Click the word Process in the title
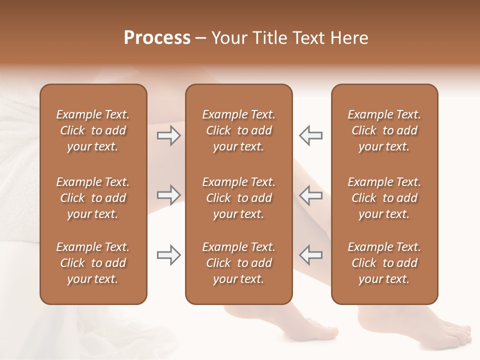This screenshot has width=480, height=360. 157,37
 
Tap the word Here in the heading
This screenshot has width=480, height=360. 349,38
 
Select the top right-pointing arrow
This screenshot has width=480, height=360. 168,135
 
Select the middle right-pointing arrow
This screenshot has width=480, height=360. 168,195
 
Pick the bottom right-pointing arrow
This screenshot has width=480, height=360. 168,255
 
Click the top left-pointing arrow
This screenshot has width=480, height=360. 311,135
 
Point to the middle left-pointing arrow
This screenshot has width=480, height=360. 311,195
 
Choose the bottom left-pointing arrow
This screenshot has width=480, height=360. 311,255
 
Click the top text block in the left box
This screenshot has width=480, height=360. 93,130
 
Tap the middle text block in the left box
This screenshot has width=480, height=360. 93,198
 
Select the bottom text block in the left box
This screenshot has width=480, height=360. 93,263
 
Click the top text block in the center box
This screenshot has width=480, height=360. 238,130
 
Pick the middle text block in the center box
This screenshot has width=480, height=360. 238,198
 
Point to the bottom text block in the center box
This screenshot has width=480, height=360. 238,263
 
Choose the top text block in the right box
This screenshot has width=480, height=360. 384,130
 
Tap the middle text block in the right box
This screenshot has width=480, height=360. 384,198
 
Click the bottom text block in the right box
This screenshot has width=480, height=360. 384,263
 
